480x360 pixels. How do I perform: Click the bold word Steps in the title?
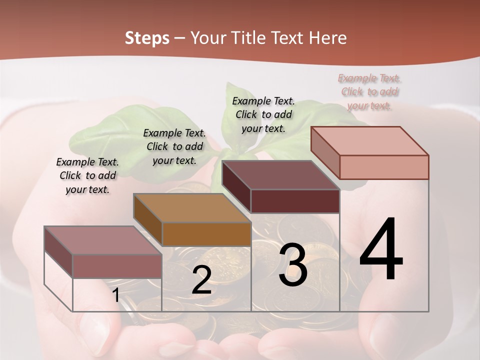coord(147,38)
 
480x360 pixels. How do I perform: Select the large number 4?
coord(381,250)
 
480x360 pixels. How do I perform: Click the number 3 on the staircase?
coord(293,265)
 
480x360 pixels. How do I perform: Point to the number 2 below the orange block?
coord(201,280)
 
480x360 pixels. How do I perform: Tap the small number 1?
coord(115,295)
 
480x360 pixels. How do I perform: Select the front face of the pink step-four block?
coord(384,167)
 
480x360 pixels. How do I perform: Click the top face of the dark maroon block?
coord(281,175)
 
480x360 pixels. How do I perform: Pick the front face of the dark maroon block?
coord(295,201)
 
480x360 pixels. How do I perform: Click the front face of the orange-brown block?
coord(206,234)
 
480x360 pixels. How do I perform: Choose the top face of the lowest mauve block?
coord(103,240)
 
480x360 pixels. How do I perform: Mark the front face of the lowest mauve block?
coord(117,266)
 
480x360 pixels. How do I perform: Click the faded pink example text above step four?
coord(369,91)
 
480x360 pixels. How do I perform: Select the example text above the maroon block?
coord(263,114)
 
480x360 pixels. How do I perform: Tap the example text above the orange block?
coord(174,146)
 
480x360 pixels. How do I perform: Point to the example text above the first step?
coord(87,175)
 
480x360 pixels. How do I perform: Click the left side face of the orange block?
coord(148,220)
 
